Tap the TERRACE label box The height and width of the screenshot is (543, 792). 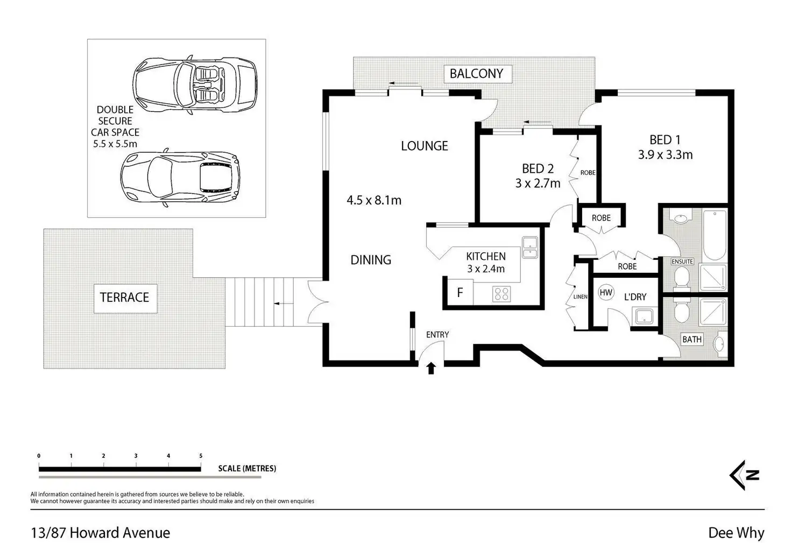(125, 298)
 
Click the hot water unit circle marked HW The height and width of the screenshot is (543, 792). (606, 292)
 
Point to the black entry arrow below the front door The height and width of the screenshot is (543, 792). (431, 368)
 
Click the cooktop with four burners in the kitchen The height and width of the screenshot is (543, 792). (501, 294)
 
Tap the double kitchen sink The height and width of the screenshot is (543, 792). (529, 248)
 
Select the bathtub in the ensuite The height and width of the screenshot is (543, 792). (715, 235)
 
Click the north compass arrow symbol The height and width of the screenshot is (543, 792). (744, 475)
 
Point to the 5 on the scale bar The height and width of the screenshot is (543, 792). (201, 456)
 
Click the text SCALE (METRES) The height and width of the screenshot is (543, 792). (247, 468)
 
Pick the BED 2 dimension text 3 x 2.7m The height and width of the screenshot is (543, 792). (538, 183)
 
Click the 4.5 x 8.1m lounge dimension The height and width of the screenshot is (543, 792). (374, 201)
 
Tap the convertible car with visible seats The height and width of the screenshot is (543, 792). (195, 84)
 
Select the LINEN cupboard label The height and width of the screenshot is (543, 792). (580, 297)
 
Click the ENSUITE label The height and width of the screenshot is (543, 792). (682, 262)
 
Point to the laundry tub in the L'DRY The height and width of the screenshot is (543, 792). (644, 316)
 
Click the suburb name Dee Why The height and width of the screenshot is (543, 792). (736, 533)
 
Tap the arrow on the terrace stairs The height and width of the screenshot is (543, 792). (284, 304)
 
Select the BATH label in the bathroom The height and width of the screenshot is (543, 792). (692, 340)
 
